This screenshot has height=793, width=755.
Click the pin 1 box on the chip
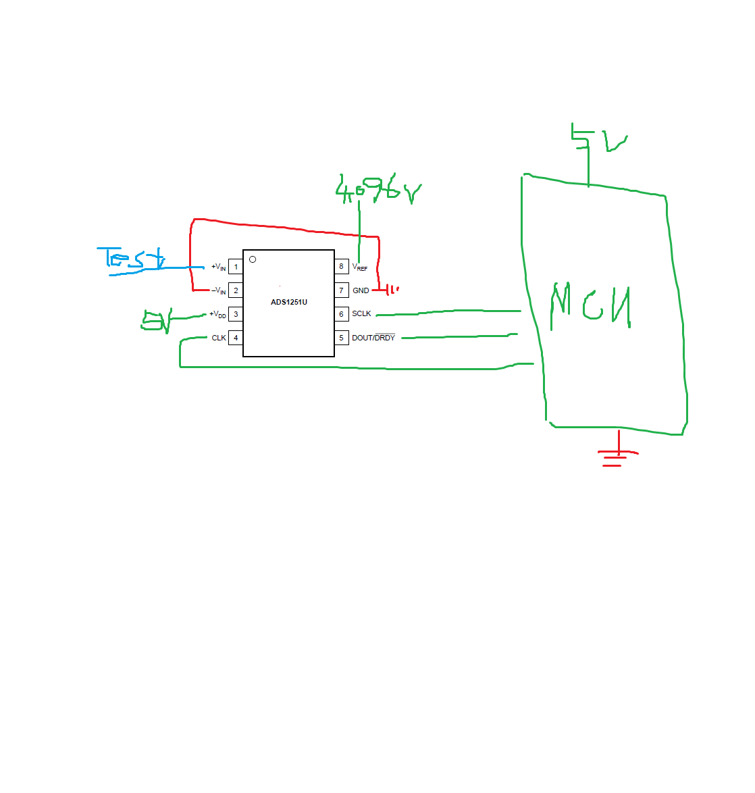[x=236, y=267]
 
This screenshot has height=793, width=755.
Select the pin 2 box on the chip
[x=236, y=290]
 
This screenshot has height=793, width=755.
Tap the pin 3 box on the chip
[x=236, y=314]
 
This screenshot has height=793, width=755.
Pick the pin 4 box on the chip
[x=236, y=338]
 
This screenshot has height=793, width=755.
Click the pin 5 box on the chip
[x=341, y=338]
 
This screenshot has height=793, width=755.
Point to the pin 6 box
[x=341, y=314]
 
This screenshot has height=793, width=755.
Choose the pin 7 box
[x=341, y=290]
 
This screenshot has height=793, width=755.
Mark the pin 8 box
[x=341, y=266]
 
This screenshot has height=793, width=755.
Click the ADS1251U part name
[x=289, y=302]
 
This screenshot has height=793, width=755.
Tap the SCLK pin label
[x=361, y=314]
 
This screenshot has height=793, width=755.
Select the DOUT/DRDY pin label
[x=373, y=338]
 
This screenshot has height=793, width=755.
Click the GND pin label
[x=361, y=290]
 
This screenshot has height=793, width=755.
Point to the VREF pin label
[x=360, y=267]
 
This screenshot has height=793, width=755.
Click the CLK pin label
[x=219, y=338]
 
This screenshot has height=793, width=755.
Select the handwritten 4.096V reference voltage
[x=378, y=191]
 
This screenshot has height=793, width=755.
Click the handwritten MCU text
[x=591, y=307]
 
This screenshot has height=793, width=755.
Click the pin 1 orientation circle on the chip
[x=253, y=259]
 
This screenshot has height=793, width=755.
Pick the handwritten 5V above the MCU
[x=598, y=138]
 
